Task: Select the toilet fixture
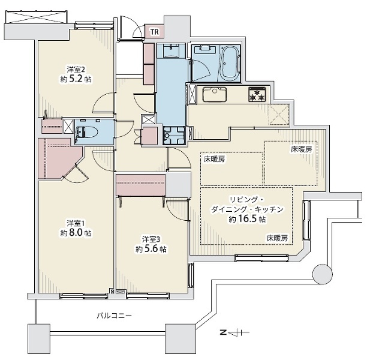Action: (86, 132)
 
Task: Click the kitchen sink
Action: (215, 95)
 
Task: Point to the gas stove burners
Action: (257, 95)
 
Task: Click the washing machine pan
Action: (174, 136)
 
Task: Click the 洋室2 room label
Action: (76, 70)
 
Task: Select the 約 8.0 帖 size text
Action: (76, 233)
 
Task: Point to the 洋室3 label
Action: (151, 239)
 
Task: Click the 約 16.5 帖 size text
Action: (247, 219)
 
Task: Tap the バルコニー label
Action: (114, 316)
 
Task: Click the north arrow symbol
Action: (234, 333)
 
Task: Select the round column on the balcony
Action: (323, 274)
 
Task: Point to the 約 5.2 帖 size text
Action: (76, 79)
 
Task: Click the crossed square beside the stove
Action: (279, 115)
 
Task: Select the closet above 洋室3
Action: (140, 185)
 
